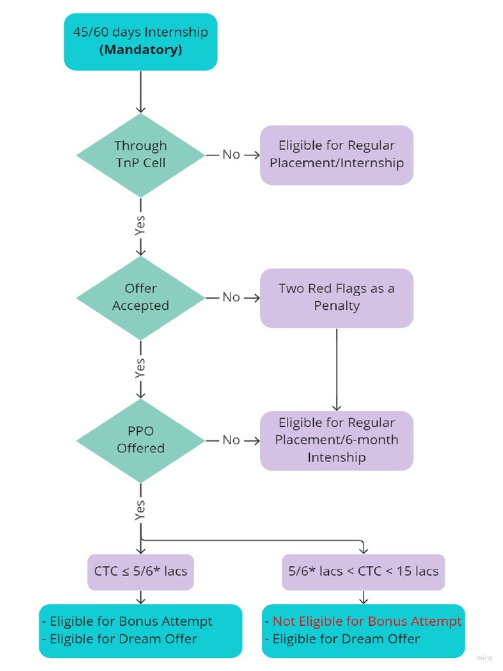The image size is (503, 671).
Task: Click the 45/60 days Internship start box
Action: tap(140, 41)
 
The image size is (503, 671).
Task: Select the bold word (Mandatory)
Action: tap(140, 50)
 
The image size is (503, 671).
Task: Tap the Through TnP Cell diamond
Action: tap(140, 155)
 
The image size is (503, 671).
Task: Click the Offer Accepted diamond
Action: tap(140, 297)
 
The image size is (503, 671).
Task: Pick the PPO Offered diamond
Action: tap(140, 440)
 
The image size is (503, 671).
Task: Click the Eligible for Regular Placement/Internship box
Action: tap(337, 155)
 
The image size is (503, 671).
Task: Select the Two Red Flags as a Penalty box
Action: tap(337, 297)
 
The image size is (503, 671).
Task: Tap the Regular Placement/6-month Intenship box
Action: tap(337, 440)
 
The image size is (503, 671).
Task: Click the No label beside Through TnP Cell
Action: tap(231, 155)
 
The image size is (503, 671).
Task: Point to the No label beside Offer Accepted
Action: tap(231, 297)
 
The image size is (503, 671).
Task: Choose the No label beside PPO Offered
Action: tap(231, 440)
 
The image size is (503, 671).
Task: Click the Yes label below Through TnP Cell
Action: tap(140, 225)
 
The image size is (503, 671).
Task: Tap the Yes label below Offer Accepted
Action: tap(140, 368)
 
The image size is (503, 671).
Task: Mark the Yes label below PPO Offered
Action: tap(140, 510)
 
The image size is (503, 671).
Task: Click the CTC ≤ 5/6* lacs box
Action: tap(140, 571)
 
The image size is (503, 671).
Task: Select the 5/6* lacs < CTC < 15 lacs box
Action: tap(363, 571)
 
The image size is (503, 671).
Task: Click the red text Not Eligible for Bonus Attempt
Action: tap(367, 621)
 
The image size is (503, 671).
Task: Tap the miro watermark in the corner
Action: tap(484, 657)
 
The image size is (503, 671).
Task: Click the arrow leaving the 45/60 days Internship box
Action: tap(140, 91)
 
